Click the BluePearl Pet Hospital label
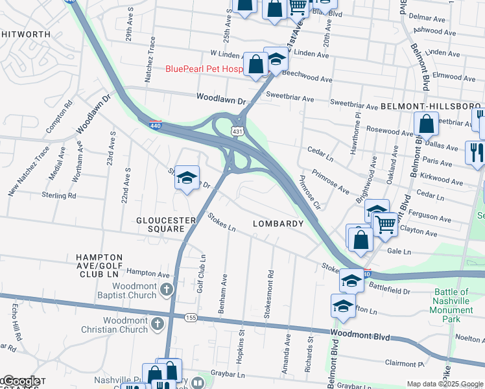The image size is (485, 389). click(204, 69)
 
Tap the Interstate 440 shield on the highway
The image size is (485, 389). click(155, 124)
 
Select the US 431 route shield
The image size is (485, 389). click(239, 132)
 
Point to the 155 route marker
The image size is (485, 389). click(190, 318)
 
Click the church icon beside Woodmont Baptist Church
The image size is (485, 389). click(167, 289)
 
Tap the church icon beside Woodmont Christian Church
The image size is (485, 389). click(158, 323)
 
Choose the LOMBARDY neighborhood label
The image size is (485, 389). click(278, 224)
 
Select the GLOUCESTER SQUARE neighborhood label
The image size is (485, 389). click(166, 220)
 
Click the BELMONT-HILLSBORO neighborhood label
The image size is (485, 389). click(431, 106)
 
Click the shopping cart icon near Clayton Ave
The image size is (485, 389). click(386, 224)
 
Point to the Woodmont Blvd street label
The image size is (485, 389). click(361, 336)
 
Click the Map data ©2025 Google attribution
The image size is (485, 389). click(445, 384)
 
